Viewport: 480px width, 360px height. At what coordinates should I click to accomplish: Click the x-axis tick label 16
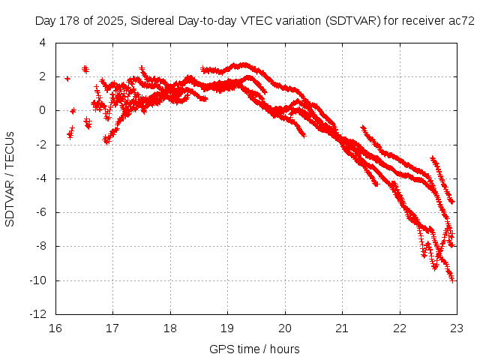[x=55, y=328]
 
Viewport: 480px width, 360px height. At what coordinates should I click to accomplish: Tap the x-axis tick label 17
[x=113, y=328]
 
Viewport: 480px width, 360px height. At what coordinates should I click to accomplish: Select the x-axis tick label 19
[x=228, y=328]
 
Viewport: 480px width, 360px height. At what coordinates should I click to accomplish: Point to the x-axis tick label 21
[x=343, y=328]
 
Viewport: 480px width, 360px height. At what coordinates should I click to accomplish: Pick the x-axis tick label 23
[x=457, y=328]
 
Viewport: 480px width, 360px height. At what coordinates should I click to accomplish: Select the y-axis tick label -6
[x=42, y=213]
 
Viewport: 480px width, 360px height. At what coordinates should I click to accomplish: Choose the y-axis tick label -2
[x=42, y=145]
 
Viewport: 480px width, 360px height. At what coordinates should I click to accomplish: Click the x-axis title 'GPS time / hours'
[x=255, y=349]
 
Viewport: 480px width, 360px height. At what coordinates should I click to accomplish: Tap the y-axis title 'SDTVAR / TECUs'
[x=10, y=179]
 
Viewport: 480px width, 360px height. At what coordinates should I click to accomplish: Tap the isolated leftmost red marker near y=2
[x=67, y=78]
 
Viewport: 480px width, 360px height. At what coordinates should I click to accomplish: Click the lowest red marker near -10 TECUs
[x=452, y=280]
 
